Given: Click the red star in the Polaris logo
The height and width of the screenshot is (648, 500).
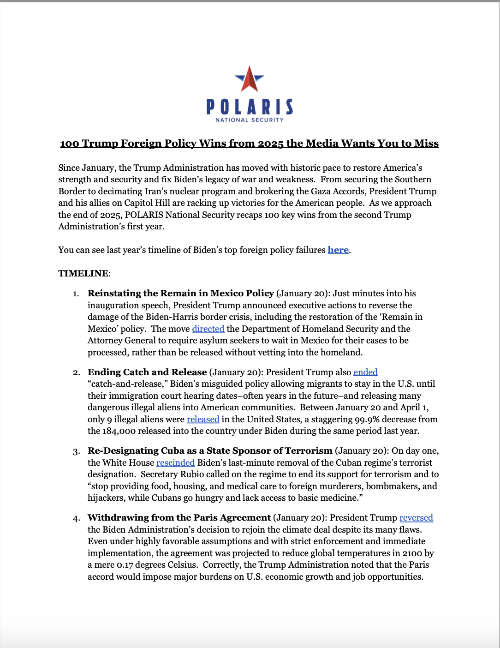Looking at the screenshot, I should pos(250,79).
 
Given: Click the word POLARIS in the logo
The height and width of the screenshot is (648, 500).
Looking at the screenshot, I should pos(250,107).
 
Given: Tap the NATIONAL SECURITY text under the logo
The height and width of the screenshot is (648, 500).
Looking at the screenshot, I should pos(250,120).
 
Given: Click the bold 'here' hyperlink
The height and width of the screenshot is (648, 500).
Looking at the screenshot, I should pos(338,250).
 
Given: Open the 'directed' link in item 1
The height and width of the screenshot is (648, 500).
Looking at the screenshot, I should pos(208,329).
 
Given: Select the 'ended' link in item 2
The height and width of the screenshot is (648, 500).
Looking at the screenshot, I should pos(365,372).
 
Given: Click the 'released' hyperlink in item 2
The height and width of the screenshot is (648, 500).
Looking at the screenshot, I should pos(203,420).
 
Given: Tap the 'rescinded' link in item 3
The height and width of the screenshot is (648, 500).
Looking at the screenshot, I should pos(175,463).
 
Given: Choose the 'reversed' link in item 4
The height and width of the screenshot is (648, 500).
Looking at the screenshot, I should pos(416,518).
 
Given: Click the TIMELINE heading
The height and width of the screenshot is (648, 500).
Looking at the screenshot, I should pos(84,274).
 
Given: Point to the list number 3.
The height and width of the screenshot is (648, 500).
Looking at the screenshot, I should pos(76,451).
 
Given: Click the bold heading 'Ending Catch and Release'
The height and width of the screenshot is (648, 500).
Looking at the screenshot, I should pos(147,372).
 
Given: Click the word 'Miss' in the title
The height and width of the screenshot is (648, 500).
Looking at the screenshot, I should pos(426,144).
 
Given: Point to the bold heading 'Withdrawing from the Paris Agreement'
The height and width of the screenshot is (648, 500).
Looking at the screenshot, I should pos(179,518).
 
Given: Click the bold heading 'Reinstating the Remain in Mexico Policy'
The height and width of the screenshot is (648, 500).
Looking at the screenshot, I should pos(181,294).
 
